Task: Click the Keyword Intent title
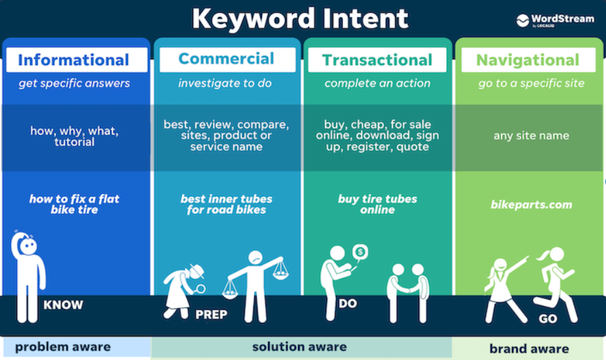tap(300, 19)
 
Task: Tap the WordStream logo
tap(555, 21)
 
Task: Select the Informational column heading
tap(74, 60)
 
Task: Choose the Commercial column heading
tap(226, 58)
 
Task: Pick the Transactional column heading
tap(377, 60)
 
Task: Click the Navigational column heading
tap(528, 60)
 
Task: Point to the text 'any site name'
tap(531, 135)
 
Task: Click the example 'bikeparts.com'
tap(531, 204)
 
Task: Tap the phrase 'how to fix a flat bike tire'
tap(74, 204)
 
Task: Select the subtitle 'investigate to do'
tap(225, 83)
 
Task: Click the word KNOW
tap(63, 305)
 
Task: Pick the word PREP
tap(211, 315)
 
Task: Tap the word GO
tap(548, 319)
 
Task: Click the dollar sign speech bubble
tap(360, 253)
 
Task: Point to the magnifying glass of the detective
tap(200, 289)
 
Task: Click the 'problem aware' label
tap(63, 347)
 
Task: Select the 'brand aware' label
tap(529, 349)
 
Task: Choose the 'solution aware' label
tap(300, 347)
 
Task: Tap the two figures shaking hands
tap(408, 293)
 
